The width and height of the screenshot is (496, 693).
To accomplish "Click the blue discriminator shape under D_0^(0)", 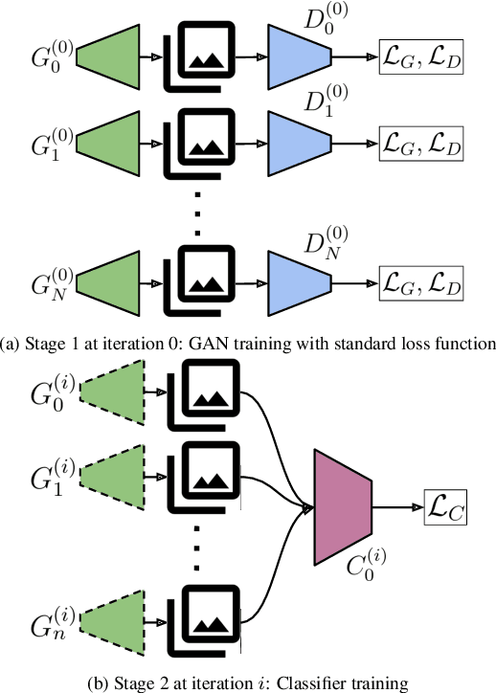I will [x=300, y=56].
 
